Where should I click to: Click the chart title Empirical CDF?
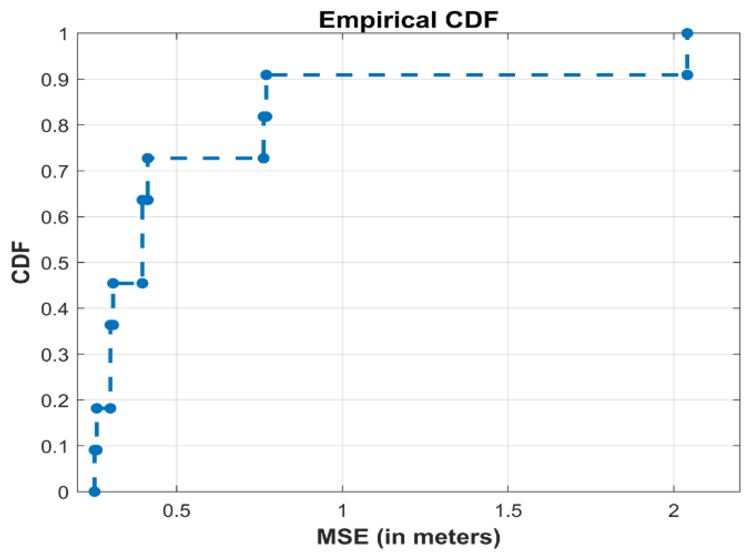(408, 20)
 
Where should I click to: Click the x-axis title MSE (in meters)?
(408, 537)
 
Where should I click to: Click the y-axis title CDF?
(21, 262)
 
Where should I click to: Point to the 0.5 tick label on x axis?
(176, 511)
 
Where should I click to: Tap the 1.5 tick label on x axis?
(508, 511)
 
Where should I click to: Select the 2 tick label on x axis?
(674, 511)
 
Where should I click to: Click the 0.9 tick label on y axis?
(54, 80)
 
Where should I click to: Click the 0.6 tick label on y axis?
(54, 217)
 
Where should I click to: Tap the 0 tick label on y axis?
(63, 492)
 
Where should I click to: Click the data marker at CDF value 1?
(687, 33)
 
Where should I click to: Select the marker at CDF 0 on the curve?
(94, 492)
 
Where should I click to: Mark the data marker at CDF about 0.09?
(96, 450)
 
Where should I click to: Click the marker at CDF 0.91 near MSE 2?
(687, 75)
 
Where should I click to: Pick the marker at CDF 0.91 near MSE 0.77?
(266, 75)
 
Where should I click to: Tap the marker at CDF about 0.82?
(265, 117)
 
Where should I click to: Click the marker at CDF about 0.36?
(112, 325)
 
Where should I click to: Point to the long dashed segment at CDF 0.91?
(476, 75)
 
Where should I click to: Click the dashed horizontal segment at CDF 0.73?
(205, 158)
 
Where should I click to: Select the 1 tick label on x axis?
(342, 511)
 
